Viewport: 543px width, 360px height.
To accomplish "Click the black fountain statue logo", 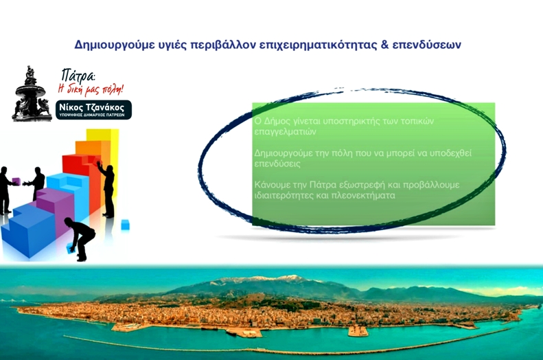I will coord(31,94).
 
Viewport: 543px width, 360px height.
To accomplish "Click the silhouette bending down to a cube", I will coord(79,238).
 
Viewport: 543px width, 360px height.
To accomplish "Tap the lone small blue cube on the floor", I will coord(125,225).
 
